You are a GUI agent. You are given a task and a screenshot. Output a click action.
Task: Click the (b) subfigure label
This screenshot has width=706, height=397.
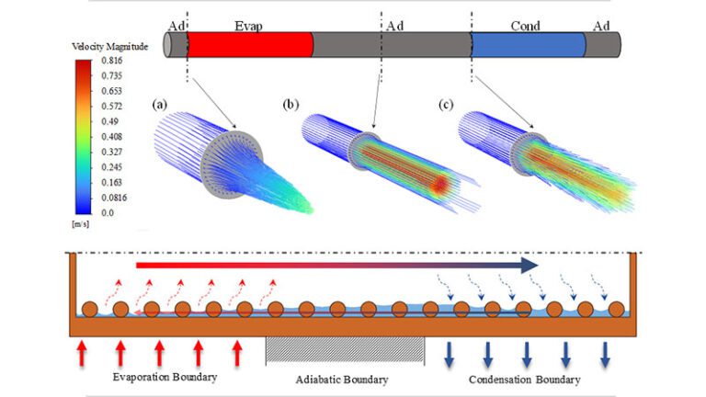point(293,106)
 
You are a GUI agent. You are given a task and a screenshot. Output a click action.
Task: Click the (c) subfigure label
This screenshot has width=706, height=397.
point(448,106)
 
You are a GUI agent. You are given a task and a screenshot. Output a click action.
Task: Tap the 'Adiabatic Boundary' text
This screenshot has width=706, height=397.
point(343,380)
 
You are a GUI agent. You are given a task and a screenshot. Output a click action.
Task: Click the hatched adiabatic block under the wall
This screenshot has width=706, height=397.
point(345,349)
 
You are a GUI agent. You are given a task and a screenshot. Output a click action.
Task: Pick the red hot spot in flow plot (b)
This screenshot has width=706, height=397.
point(441,184)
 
